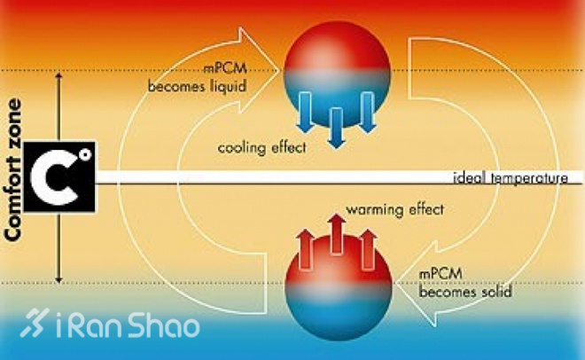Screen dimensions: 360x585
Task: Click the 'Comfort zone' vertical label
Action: [14, 178]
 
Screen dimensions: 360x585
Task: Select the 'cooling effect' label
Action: [261, 147]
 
